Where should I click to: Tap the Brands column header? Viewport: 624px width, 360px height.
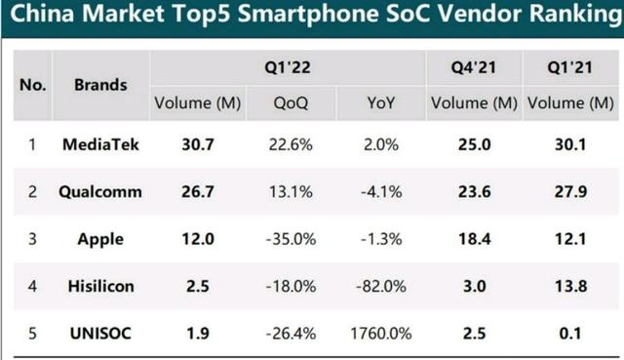click(100, 85)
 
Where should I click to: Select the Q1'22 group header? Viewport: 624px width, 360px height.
click(288, 67)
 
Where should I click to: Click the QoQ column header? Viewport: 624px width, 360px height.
click(291, 103)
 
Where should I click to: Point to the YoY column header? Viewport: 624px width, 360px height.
click(381, 103)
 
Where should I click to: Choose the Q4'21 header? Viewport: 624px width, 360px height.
click(474, 67)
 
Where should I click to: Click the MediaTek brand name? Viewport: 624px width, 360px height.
click(100, 144)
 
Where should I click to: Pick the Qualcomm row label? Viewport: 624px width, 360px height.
click(100, 192)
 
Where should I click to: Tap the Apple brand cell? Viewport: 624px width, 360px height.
click(100, 240)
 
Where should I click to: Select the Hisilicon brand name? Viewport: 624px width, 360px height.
click(100, 286)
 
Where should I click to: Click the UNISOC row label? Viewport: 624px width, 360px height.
click(100, 334)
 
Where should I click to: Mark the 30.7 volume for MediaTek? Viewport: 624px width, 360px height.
click(198, 144)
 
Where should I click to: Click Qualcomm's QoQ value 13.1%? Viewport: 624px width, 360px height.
click(291, 192)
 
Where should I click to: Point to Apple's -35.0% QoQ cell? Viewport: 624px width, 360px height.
click(291, 239)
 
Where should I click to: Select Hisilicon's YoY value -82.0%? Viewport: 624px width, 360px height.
click(381, 286)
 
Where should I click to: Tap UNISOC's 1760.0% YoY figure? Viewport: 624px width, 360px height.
click(381, 334)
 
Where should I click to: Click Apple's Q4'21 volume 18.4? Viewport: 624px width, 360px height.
click(474, 239)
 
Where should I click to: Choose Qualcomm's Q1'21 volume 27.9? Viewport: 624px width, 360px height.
click(570, 192)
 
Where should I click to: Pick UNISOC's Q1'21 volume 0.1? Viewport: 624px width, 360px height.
click(570, 334)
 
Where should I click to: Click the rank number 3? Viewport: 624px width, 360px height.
click(32, 239)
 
